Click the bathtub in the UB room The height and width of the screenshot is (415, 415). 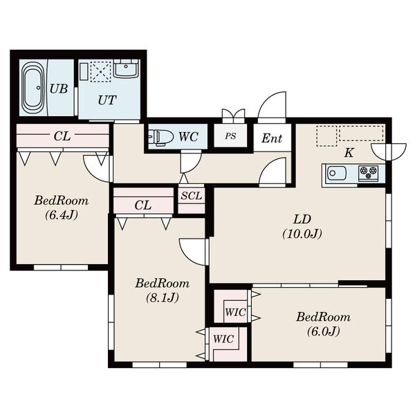tap(33, 88)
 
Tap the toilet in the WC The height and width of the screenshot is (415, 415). tap(160, 137)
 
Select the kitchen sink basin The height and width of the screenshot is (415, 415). tap(337, 174)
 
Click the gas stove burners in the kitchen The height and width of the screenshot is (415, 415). tap(368, 172)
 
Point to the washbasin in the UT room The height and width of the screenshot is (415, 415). tap(126, 68)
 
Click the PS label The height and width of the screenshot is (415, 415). tap(230, 136)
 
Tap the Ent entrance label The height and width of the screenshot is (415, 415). tap(272, 138)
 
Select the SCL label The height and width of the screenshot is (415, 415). tap(192, 196)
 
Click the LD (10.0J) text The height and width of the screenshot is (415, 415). tap(302, 227)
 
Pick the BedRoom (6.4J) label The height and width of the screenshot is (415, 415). tap(61, 207)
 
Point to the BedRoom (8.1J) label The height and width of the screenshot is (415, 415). tap(163, 290)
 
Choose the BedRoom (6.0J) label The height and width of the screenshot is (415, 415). tap(323, 324)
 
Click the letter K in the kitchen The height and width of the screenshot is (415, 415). tap(349, 153)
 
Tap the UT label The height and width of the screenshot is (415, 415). tap(107, 100)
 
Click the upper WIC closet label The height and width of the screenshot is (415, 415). tap(235, 313)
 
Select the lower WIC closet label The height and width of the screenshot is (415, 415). tap(223, 339)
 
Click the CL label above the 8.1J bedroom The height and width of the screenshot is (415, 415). tap(143, 205)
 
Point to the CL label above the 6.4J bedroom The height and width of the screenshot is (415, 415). tap(62, 136)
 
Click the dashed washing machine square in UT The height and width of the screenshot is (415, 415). tap(100, 72)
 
